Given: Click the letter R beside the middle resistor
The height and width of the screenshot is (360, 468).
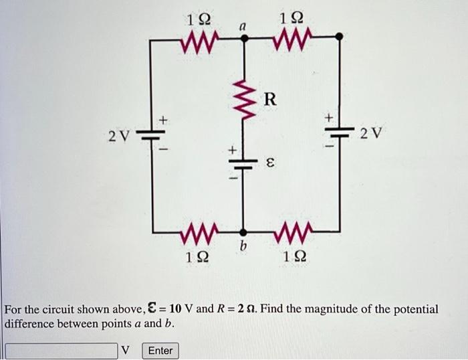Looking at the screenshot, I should [269, 100].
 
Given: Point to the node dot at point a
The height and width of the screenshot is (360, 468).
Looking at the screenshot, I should [244, 39].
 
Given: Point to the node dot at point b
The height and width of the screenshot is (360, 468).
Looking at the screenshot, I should [243, 232].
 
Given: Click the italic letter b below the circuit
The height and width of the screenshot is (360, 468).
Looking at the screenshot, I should [244, 248].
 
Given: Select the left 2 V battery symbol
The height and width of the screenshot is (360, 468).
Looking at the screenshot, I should [152, 133].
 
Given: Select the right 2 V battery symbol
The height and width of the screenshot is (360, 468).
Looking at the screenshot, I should [340, 131].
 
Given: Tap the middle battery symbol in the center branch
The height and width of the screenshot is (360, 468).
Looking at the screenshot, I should [243, 163].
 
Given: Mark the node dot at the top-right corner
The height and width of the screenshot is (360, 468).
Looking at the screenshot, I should [340, 37].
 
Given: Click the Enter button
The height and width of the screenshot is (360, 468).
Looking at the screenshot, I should [160, 351].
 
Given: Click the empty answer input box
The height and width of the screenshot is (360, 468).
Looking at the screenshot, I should [62, 351].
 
